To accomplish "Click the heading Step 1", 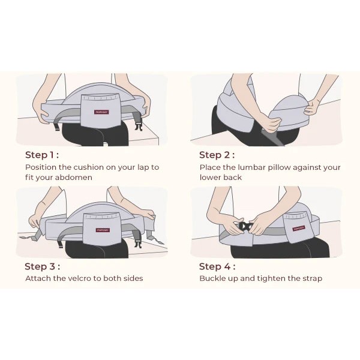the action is coord(42,155).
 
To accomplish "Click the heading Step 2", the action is coord(217,155).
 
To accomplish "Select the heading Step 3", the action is coord(42,266).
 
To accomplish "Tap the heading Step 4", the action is coord(217,266).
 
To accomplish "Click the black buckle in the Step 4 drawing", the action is coord(246,227).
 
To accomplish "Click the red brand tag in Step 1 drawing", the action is coord(101,112).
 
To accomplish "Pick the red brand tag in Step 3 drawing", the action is coord(103,230).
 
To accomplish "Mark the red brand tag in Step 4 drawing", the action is coord(299,228).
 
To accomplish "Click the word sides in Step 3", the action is coord(133,278).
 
